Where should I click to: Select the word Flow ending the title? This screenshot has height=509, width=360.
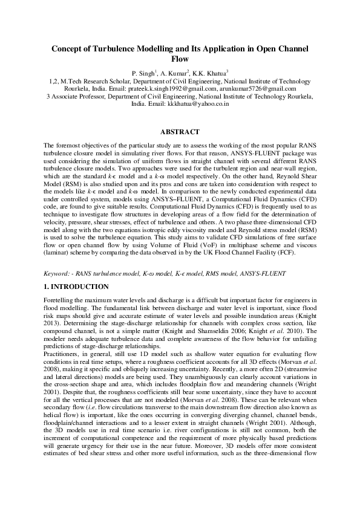pyautogui.click(x=180, y=59)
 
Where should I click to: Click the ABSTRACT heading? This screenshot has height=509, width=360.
pyautogui.click(x=180, y=131)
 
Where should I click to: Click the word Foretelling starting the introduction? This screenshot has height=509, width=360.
pyautogui.click(x=61, y=300)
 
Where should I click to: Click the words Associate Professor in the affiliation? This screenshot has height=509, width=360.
pyautogui.click(x=76, y=96)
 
